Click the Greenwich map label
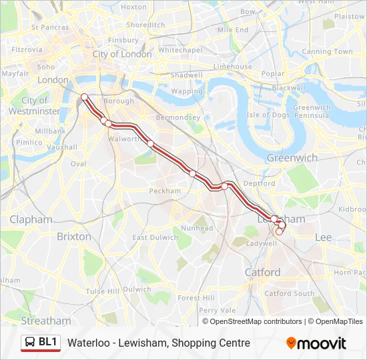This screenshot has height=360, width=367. (x=292, y=157)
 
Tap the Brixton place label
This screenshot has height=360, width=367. (x=74, y=236)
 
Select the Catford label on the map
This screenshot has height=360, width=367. (x=262, y=272)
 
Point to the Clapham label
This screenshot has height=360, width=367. (x=31, y=219)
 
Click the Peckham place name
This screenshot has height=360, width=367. (x=165, y=191)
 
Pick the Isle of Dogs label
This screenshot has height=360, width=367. (x=268, y=115)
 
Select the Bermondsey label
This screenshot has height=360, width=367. (x=177, y=117)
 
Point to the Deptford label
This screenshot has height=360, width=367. (x=259, y=183)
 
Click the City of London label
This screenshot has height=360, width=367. (x=122, y=54)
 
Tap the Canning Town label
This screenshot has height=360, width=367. (x=327, y=51)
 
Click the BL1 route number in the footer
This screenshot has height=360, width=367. (x=48, y=342)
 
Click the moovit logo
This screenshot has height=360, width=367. (x=316, y=343)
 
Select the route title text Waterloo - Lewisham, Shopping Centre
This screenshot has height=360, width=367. (x=158, y=343)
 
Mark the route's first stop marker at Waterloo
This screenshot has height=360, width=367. (x=85, y=98)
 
